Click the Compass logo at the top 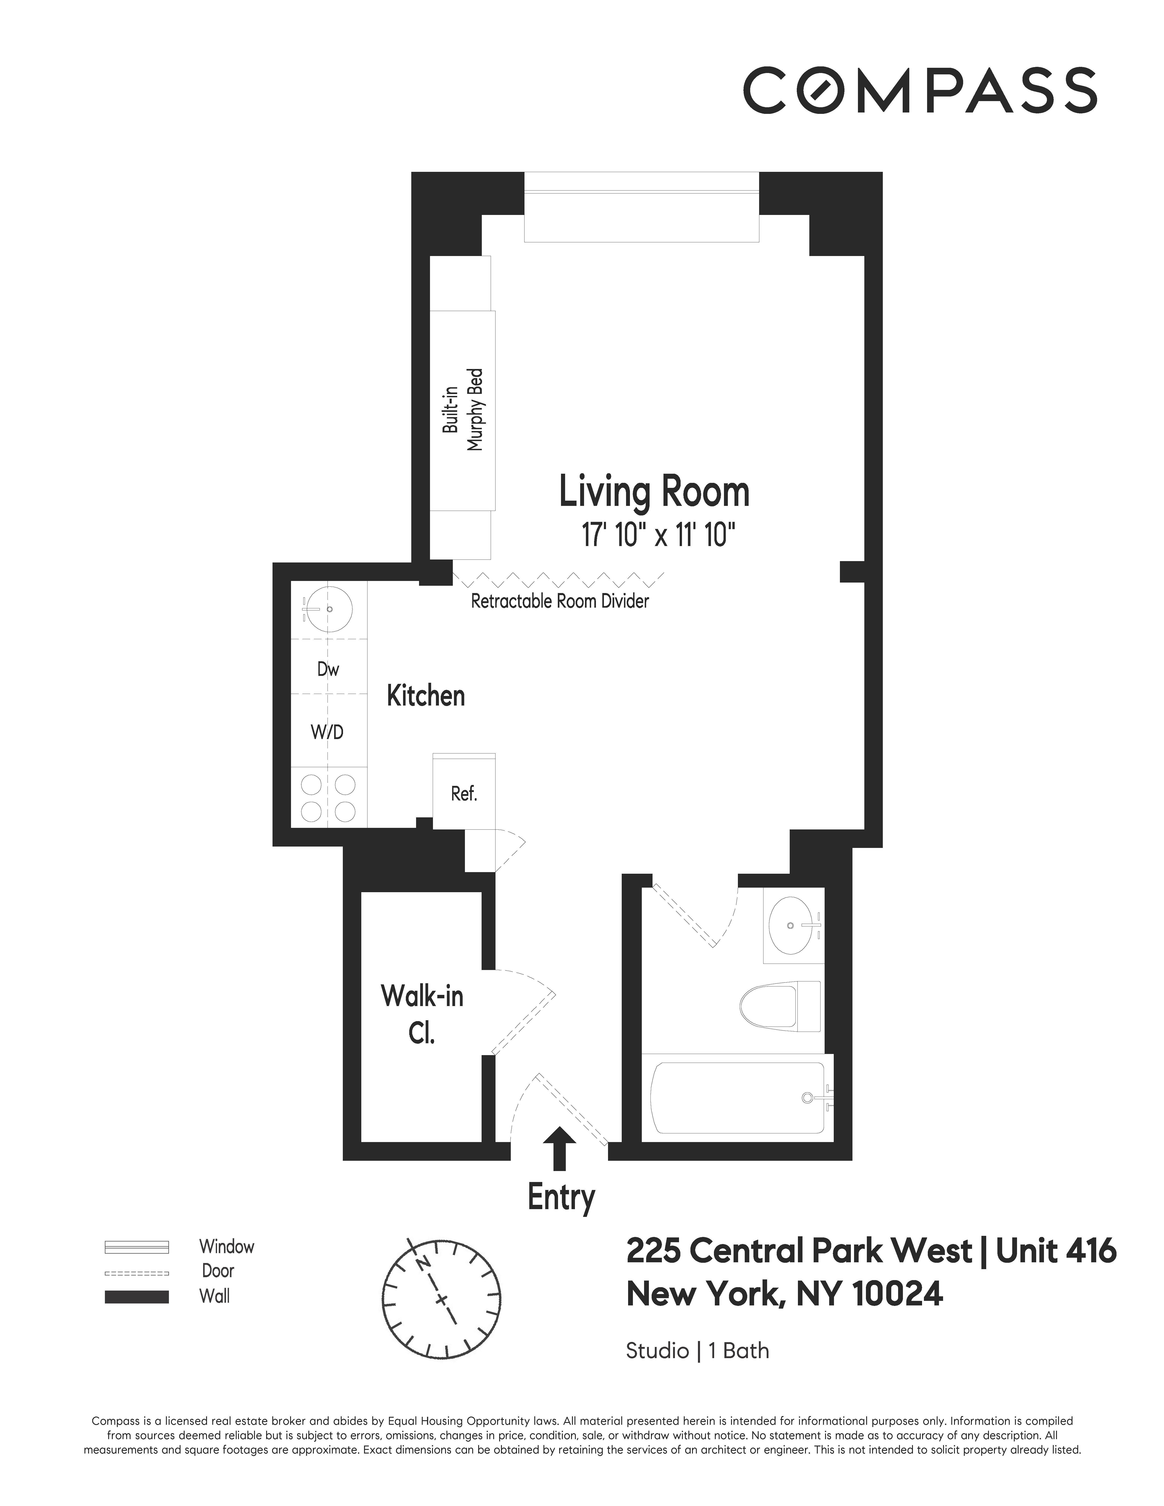(x=919, y=90)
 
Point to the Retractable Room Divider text (x=559, y=601)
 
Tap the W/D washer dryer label (x=327, y=732)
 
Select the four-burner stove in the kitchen (x=328, y=797)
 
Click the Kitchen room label (x=425, y=696)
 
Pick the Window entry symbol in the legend (x=136, y=1247)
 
